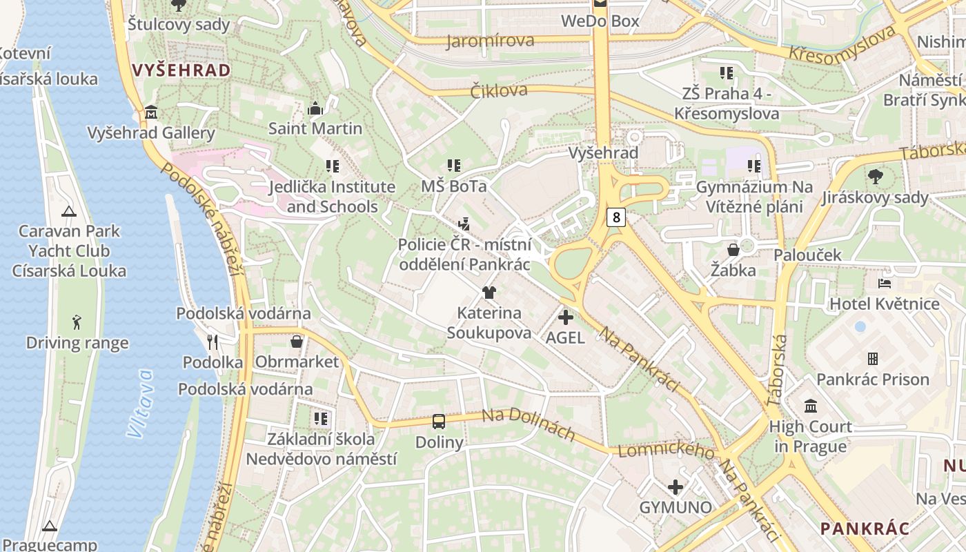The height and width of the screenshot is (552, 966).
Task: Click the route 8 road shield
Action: [x=616, y=218]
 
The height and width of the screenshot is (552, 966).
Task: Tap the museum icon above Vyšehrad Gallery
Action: [x=151, y=112]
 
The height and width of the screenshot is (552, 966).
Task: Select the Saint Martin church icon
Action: [x=315, y=108]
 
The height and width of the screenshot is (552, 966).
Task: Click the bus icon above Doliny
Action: [x=439, y=421]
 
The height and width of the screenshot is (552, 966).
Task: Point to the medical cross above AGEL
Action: [x=566, y=317]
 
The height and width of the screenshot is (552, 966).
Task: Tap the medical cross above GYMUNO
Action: [x=676, y=487]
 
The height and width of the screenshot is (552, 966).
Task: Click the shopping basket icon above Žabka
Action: [x=733, y=249]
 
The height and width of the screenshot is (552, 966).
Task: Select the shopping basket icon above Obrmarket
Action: [x=297, y=342]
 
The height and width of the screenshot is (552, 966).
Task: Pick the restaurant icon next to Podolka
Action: [x=213, y=342]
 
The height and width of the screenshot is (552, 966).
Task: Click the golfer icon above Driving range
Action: [x=77, y=322]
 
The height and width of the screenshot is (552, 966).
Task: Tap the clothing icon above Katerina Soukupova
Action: [x=489, y=293]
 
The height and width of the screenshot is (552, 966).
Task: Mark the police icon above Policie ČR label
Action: [x=464, y=224]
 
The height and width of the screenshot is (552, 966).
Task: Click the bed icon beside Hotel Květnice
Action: [x=885, y=284]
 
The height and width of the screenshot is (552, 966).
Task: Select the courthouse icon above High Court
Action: [x=811, y=406]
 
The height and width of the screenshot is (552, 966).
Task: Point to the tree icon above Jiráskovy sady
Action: [x=875, y=177]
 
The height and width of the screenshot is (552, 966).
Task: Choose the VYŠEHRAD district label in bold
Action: [x=181, y=70]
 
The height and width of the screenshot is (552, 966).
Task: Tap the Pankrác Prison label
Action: [x=873, y=379]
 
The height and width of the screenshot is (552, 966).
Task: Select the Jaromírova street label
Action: [x=491, y=41]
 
